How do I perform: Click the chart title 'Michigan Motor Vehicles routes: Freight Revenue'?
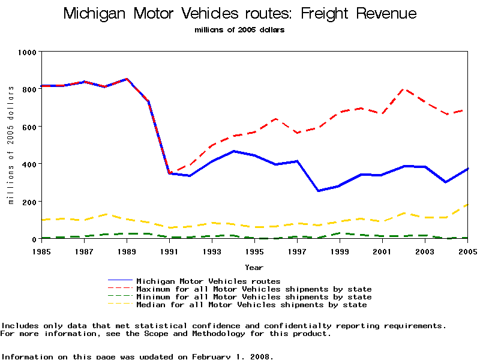click(240, 14)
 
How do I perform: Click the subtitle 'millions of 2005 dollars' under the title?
click(239, 29)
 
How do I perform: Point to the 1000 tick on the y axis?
click(26, 52)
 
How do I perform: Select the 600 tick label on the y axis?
click(29, 127)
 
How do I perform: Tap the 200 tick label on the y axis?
click(29, 202)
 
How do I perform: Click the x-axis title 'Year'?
click(254, 267)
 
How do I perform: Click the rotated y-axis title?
click(11, 145)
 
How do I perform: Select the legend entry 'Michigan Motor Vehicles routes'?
click(208, 281)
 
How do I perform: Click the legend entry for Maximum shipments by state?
click(254, 289)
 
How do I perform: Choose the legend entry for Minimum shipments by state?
click(254, 297)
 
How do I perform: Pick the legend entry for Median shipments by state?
click(251, 305)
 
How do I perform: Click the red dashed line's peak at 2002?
click(404, 89)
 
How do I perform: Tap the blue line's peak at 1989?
click(126, 79)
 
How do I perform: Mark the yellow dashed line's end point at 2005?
click(468, 205)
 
